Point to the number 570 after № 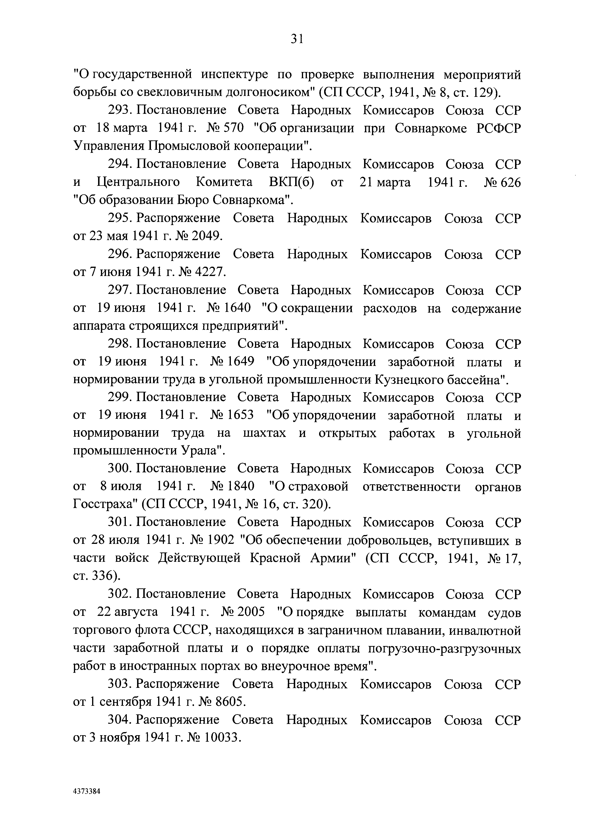[233, 128]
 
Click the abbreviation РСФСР [498, 128]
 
